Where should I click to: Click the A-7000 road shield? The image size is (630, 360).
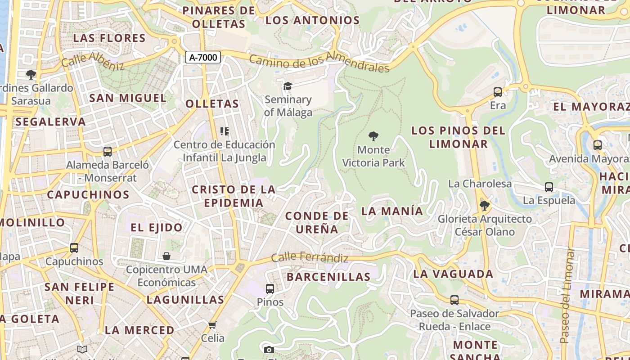coord(203,57)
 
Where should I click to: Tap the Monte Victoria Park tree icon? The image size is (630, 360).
coord(373,136)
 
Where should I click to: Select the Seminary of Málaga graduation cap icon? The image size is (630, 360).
coord(288,86)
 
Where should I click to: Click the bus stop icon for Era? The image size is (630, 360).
coord(498,92)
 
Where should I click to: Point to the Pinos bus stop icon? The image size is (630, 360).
coord(270,289)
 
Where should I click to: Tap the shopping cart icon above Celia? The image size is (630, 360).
coord(212,324)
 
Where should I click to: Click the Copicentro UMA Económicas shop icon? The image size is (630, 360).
coord(166,256)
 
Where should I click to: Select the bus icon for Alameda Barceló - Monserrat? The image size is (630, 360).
coord(107,152)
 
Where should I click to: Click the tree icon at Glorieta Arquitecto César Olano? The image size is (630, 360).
coord(484,206)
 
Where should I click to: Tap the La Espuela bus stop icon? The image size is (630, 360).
coord(549,187)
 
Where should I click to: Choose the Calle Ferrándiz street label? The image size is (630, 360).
coord(310,258)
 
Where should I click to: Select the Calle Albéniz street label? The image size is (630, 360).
coord(93,61)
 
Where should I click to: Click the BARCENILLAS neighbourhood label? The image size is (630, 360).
coord(328,277)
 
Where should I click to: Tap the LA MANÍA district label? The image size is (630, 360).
coord(392,211)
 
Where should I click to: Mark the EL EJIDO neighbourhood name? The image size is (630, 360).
coord(157,227)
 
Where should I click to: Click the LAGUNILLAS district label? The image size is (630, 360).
coord(185,299)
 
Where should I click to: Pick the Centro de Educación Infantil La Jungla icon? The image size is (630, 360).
coord(224,131)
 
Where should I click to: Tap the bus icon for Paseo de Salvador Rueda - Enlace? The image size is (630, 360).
coord(454,300)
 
